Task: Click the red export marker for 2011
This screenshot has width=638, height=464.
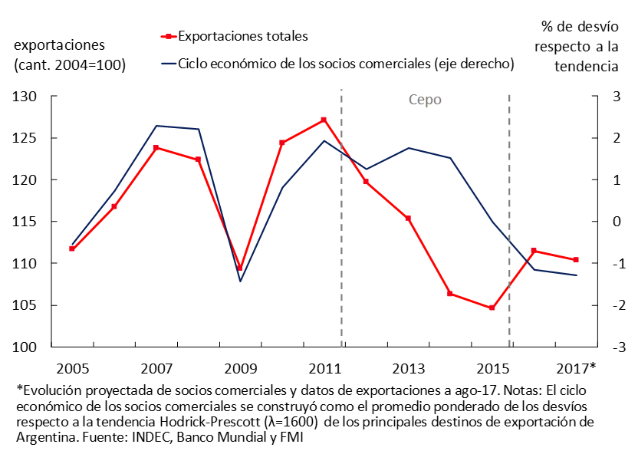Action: point(324,120)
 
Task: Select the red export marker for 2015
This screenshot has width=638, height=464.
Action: point(492,308)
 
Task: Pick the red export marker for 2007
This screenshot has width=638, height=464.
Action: point(156,147)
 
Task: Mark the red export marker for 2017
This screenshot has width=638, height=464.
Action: point(576,259)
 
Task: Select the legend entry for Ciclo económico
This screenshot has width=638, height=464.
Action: point(345,63)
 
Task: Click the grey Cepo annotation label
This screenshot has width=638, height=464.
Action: point(425,100)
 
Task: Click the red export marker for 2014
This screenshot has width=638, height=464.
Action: point(450,293)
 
